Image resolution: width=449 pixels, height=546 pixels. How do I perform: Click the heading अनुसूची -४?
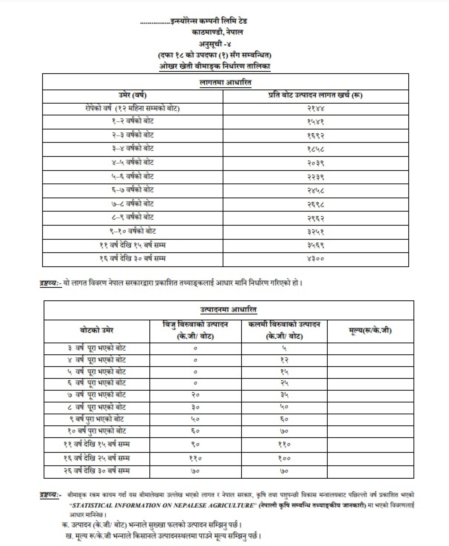[215, 44]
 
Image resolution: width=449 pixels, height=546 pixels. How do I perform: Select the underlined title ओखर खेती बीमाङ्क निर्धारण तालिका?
[214, 66]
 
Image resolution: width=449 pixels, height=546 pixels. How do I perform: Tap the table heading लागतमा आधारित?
[225, 83]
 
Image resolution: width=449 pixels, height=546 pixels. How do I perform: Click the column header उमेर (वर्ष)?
[133, 95]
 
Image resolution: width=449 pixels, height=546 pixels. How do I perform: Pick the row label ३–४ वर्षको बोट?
[133, 149]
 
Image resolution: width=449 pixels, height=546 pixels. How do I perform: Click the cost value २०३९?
[315, 163]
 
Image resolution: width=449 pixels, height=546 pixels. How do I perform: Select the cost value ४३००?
[315, 258]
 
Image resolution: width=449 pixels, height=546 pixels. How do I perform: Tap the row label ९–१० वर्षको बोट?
[133, 231]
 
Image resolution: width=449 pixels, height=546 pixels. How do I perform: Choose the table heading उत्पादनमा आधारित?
[229, 309]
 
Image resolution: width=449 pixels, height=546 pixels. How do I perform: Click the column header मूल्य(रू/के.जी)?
[370, 331]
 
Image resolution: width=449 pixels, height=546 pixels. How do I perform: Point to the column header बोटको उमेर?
[97, 331]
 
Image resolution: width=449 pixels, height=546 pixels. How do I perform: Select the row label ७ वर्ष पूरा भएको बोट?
[97, 395]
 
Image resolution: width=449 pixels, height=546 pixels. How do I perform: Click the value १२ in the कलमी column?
[284, 360]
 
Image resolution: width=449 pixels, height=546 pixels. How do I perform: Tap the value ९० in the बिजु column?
[195, 444]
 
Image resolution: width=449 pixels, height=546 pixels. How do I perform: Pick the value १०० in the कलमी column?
[284, 458]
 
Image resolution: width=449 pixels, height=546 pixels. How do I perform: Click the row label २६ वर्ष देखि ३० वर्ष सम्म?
[97, 471]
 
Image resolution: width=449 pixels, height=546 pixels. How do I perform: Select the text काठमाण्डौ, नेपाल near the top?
[217, 32]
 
